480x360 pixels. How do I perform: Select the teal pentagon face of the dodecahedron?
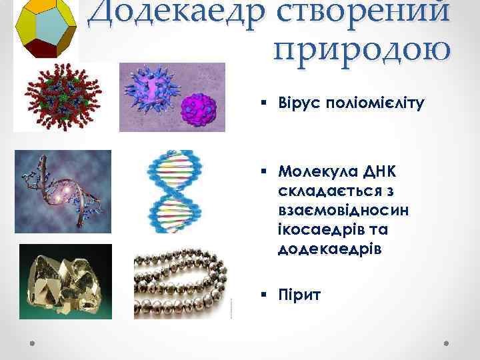pos(47,25)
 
